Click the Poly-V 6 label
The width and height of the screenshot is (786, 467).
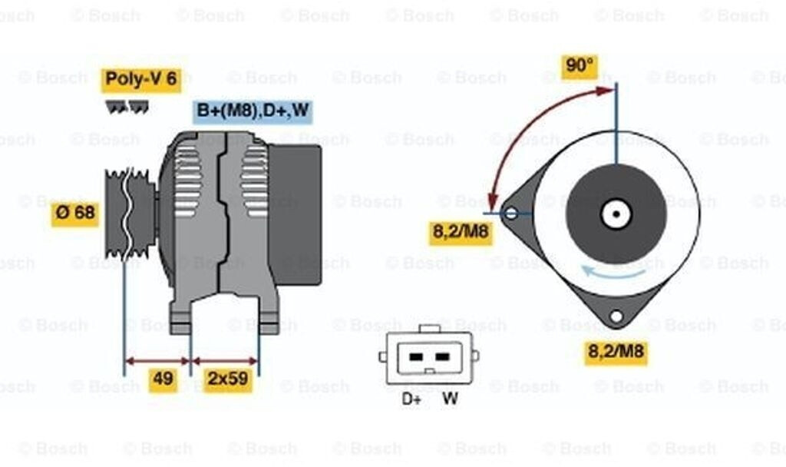(x=141, y=79)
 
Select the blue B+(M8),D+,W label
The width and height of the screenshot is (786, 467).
(x=253, y=111)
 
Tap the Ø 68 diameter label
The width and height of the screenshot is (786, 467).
(x=75, y=213)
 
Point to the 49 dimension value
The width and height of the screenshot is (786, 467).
(x=163, y=378)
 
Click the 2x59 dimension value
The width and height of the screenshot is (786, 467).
(x=227, y=378)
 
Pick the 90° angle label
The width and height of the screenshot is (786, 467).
(x=580, y=66)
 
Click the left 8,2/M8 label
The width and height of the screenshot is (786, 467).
(x=461, y=232)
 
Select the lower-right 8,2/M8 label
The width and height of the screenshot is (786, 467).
(x=616, y=353)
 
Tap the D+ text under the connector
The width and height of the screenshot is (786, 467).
(x=411, y=399)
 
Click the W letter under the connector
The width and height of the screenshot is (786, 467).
(x=450, y=399)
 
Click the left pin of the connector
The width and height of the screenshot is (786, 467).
(x=415, y=357)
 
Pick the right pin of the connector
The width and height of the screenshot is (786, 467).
(x=441, y=357)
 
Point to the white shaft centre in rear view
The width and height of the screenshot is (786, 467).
(x=616, y=214)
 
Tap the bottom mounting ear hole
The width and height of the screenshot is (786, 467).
(x=616, y=316)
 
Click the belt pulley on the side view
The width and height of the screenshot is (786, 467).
(x=128, y=214)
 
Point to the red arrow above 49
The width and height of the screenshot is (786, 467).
(x=157, y=359)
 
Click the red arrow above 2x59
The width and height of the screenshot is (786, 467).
(x=225, y=359)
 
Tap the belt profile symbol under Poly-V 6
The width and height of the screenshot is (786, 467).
(x=127, y=108)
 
